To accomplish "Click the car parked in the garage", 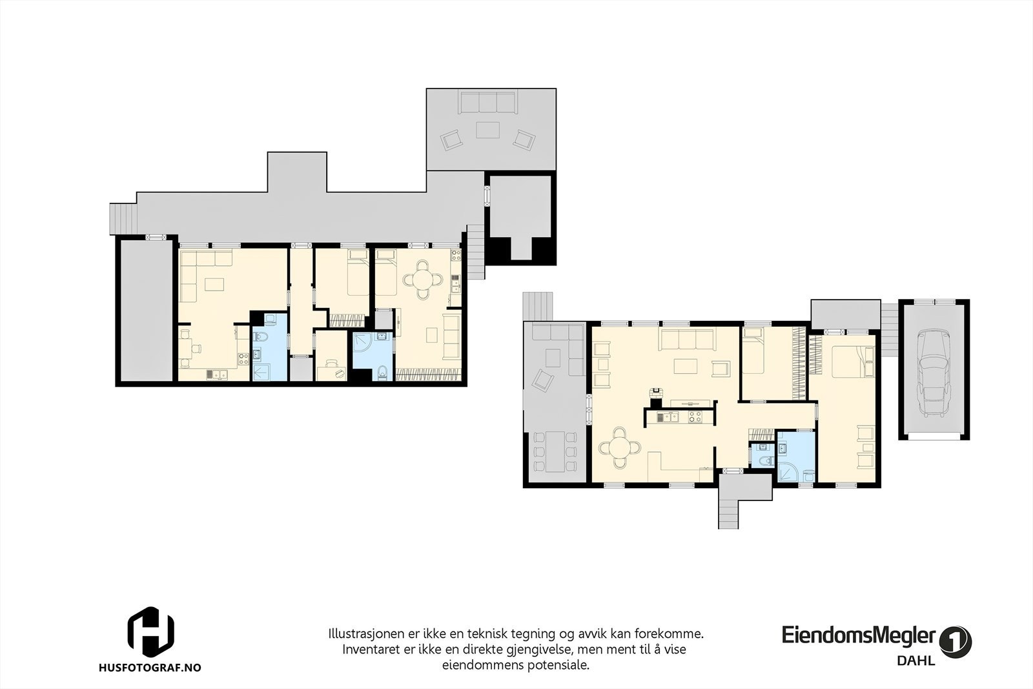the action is pyautogui.click(x=934, y=373).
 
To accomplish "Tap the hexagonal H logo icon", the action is pyautogui.click(x=150, y=632).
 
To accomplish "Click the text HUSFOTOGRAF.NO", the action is pyautogui.click(x=150, y=667).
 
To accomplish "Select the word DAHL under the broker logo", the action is pyautogui.click(x=916, y=661).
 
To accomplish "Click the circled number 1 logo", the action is pyautogui.click(x=955, y=641).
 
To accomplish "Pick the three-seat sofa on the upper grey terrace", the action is pyautogui.click(x=487, y=103).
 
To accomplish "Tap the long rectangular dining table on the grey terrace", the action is pyautogui.click(x=555, y=451).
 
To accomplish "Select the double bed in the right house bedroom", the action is pyautogui.click(x=848, y=362).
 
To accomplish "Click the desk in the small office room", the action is pyautogui.click(x=331, y=373).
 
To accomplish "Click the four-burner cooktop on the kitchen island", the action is pyautogui.click(x=695, y=417).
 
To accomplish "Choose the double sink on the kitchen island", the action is pyautogui.click(x=668, y=417).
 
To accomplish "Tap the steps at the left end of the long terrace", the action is pyautogui.click(x=123, y=219).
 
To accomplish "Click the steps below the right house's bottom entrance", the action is pyautogui.click(x=728, y=514).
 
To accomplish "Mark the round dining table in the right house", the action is pyautogui.click(x=619, y=447).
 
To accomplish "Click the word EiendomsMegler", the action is pyautogui.click(x=858, y=635).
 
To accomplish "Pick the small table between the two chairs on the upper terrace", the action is pyautogui.click(x=487, y=130).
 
